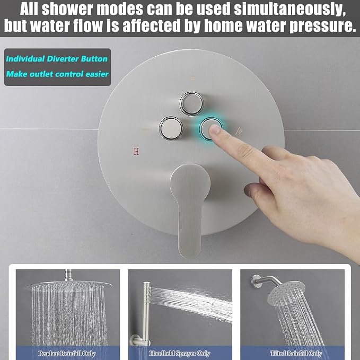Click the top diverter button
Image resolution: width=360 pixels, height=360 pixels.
191,103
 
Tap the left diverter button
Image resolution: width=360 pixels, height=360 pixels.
171,128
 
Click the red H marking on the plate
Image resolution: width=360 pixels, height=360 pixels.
136,151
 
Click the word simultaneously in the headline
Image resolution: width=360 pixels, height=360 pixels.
289,9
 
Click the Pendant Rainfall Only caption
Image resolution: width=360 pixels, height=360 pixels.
67,353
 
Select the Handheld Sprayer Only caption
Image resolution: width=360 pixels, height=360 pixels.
180,353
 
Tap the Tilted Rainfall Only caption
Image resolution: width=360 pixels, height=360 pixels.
296,353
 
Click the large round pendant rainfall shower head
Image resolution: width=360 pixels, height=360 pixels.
68,285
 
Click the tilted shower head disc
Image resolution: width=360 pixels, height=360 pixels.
286,293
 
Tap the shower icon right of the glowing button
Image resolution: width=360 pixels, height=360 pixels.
239,131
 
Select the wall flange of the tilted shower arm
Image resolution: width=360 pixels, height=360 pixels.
256,281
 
